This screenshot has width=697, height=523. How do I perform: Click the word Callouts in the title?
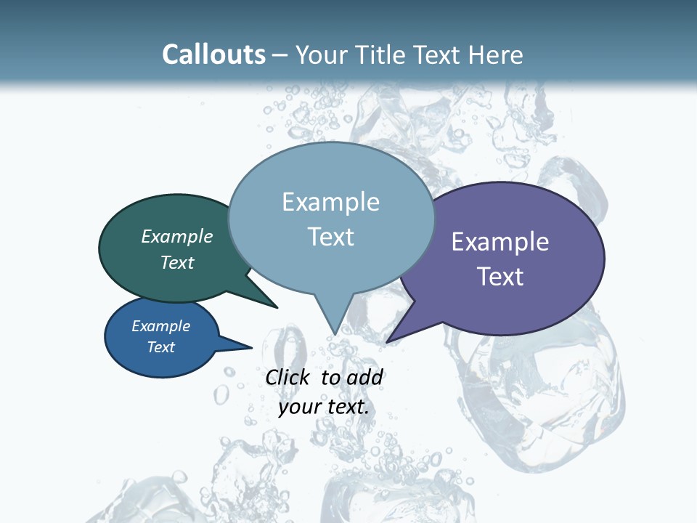[213, 55]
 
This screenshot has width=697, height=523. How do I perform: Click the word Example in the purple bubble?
[500, 242]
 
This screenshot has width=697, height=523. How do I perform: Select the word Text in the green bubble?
[176, 262]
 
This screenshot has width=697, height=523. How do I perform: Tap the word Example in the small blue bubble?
[160, 326]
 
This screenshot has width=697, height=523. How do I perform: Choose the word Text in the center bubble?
[330, 237]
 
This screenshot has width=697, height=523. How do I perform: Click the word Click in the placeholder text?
[288, 377]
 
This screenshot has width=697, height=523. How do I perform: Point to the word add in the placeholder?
[364, 377]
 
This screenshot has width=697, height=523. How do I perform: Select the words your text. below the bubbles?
[324, 406]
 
